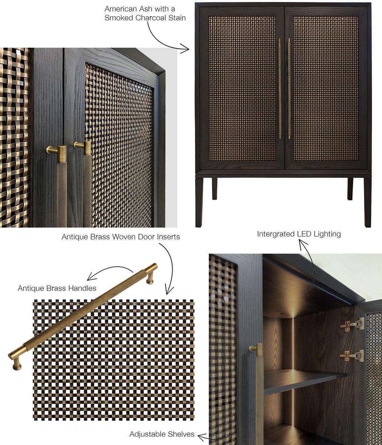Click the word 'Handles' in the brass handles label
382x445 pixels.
tap(83, 288)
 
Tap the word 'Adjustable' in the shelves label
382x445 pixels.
tap(147, 434)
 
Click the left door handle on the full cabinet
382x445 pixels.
tap(280, 89)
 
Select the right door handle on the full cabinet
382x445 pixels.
tap(289, 89)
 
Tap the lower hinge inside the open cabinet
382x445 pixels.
tap(352, 356)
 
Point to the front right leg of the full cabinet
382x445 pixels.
tap(367, 202)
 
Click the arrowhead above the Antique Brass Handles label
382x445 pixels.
tap(90, 277)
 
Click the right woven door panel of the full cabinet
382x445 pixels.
tap(326, 88)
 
